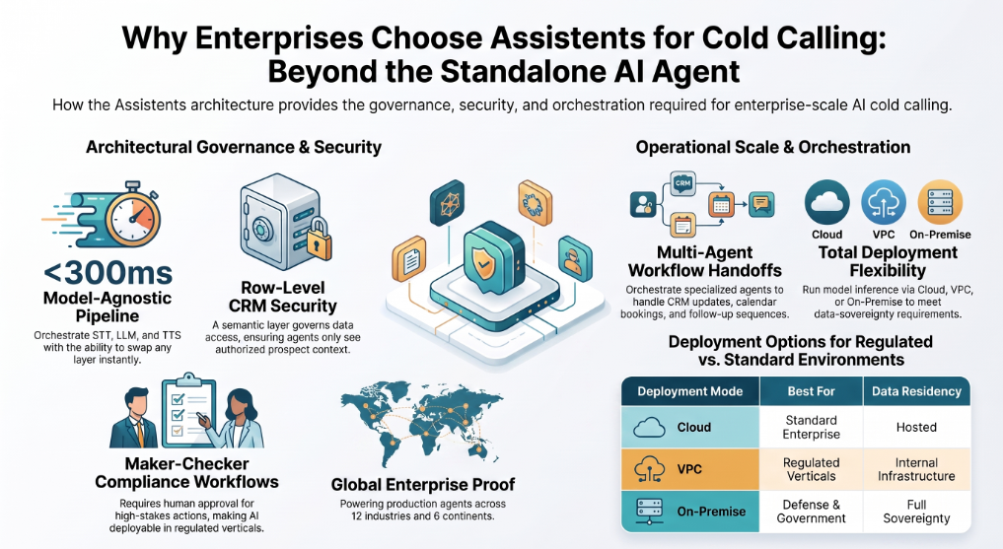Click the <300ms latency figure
point(107,274)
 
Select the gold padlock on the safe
point(319,240)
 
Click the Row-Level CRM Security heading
point(283,297)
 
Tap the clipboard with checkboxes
point(188,411)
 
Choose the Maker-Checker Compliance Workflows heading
point(186,472)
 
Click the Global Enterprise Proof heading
point(423,485)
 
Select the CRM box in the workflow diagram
point(682,183)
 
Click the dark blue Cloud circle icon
point(827,202)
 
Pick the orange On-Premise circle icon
point(940,202)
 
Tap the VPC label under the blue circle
point(884,235)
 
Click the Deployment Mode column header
point(690,391)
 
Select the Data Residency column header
point(916,391)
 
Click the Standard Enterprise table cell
point(811,427)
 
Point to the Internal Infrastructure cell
point(916,469)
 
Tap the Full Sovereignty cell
point(916,512)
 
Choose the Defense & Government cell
point(811,512)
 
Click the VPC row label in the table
point(689,469)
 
